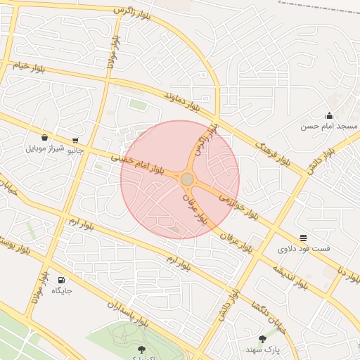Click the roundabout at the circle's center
coord(187,180)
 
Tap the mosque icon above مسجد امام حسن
coord(329,116)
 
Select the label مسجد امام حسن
coord(329,127)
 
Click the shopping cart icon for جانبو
coord(75,140)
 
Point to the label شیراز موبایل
coord(46,148)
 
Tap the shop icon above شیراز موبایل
coord(46,138)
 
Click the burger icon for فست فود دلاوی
coord(303,238)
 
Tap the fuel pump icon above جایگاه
coord(61,280)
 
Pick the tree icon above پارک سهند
coord(262,339)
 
